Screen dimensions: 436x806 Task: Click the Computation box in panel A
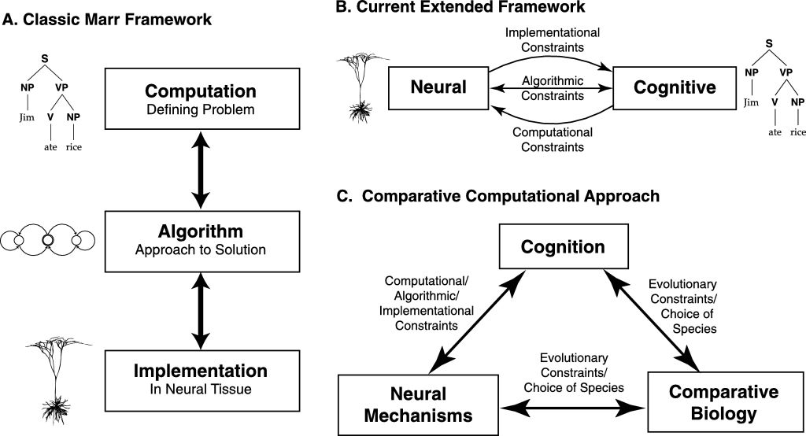[201, 98]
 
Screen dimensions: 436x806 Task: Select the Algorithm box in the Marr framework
[201, 239]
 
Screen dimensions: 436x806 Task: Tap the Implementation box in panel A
[201, 379]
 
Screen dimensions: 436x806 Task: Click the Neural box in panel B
[438, 87]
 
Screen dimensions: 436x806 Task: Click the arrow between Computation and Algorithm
[201, 169]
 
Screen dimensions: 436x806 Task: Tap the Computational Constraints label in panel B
[553, 139]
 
